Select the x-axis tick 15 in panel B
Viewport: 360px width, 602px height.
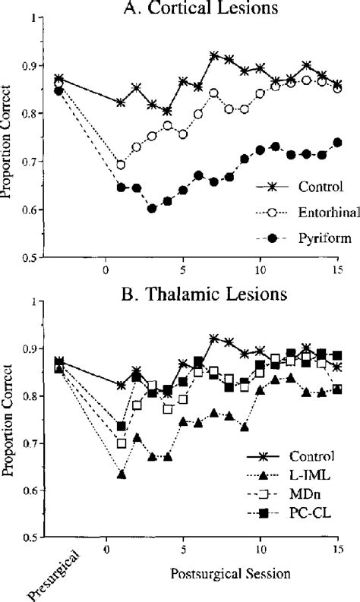coord(339,548)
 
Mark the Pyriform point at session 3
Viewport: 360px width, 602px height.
coord(152,208)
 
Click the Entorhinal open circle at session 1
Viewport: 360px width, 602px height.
coord(121,165)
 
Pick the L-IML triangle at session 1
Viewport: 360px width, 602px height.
coord(121,474)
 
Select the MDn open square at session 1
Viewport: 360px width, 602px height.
coord(121,443)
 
